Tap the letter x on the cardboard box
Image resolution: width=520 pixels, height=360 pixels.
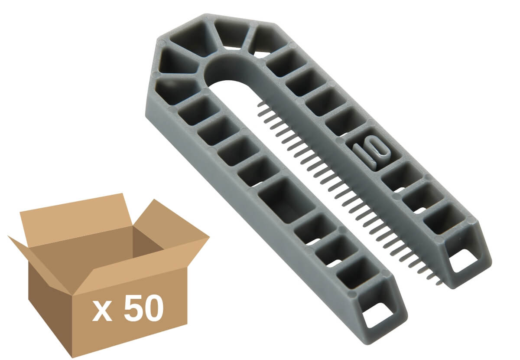point(102,312)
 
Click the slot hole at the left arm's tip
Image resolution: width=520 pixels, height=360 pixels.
point(378,316)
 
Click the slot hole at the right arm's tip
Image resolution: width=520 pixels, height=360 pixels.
point(465,263)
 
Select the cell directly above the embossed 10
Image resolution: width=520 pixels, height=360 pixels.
point(346,122)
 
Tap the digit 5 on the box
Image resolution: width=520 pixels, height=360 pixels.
point(132,308)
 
